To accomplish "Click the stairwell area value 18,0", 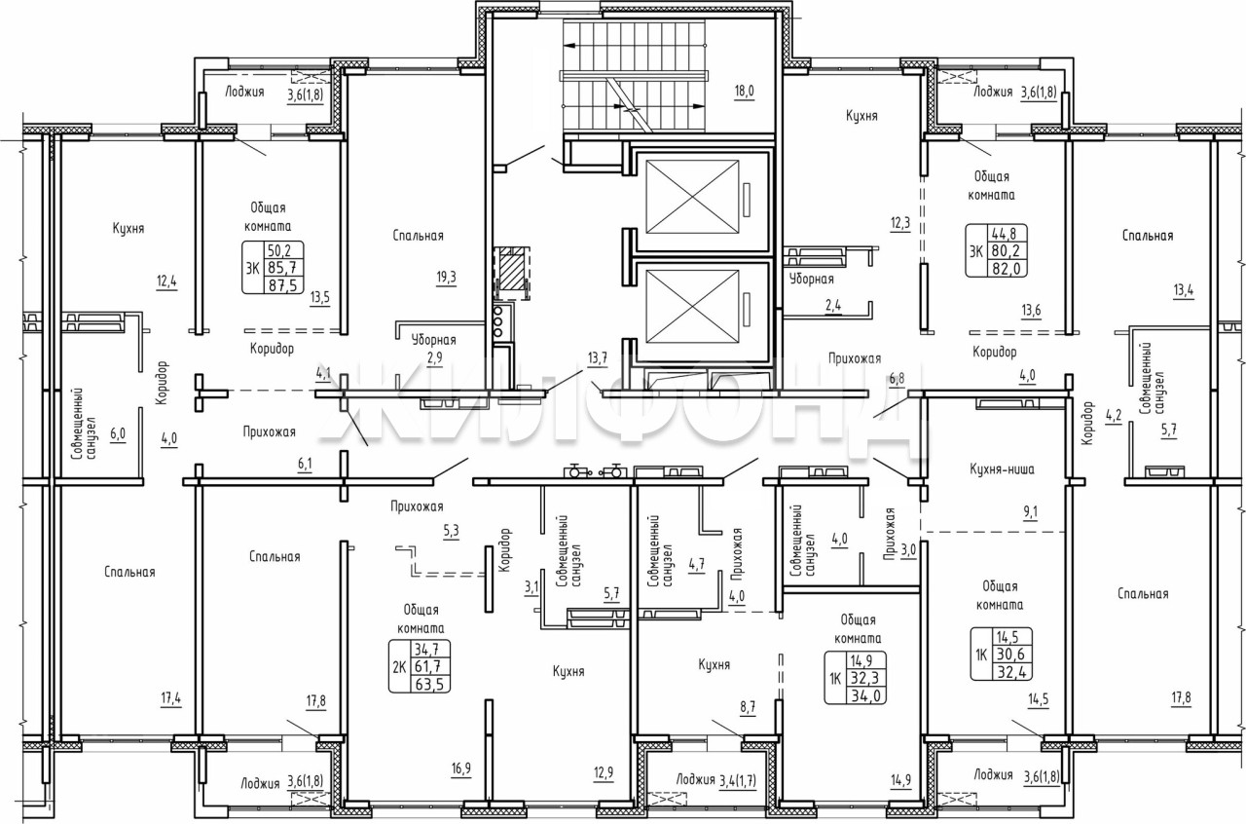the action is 744,91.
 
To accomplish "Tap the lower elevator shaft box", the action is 692,307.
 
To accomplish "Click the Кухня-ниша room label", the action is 1002,469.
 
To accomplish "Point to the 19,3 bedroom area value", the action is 446,278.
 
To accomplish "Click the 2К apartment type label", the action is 399,666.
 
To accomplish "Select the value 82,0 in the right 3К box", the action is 1007,269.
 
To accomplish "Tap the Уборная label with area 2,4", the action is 812,279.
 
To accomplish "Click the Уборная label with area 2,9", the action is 434,340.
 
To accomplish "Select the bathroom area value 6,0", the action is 118,434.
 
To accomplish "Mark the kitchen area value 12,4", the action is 166,281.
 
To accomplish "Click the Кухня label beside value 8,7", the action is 714,665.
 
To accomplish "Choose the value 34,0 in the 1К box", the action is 865,695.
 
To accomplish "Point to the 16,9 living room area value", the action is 461,769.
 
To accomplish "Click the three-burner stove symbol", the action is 498,321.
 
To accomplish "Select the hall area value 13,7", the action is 598,358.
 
